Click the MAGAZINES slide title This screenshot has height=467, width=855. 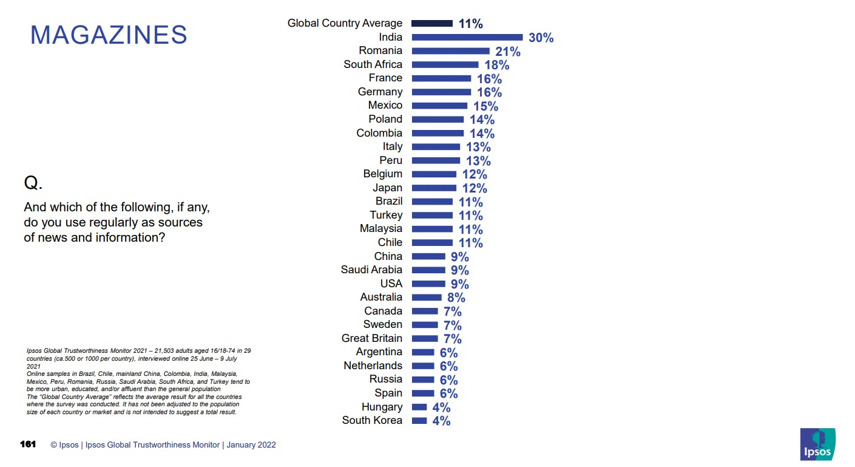109,35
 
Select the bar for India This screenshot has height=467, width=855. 467,37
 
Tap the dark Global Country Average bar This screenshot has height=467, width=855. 431,23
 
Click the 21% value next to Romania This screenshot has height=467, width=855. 507,52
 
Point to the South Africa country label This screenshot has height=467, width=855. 373,64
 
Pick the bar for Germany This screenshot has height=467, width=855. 441,92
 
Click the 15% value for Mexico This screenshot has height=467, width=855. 485,106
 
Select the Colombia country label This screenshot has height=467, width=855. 379,133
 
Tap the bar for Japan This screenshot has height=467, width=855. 433,188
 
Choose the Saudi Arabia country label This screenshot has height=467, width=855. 371,270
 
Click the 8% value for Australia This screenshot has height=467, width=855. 456,298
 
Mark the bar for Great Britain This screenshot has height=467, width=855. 424,338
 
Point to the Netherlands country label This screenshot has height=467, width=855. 373,366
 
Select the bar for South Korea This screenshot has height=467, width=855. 419,420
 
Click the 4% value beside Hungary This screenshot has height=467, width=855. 441,407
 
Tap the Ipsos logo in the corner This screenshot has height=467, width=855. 817,444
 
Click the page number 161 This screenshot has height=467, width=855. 28,445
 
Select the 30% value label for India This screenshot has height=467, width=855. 541,38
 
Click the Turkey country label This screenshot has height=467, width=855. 386,215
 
